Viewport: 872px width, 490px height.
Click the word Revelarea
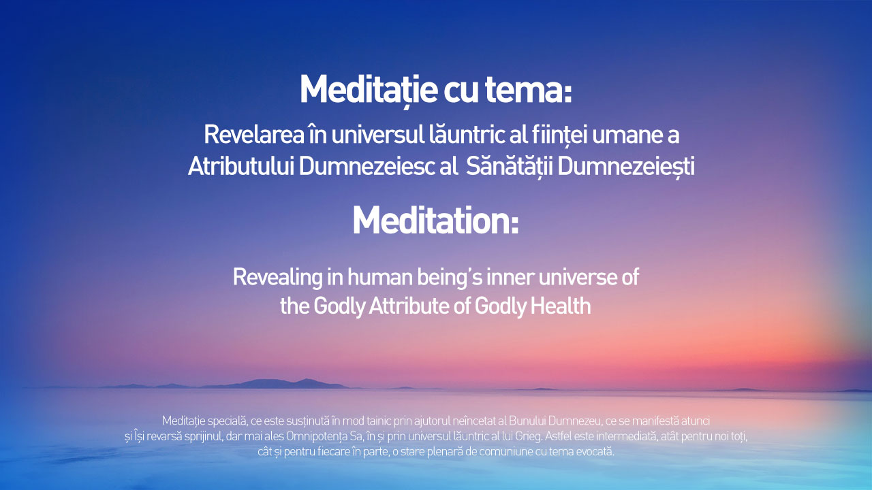254,135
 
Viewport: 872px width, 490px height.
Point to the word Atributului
240,167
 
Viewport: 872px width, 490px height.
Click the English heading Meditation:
435,220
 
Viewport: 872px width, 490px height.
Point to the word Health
561,306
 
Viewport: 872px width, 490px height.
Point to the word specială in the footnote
228,421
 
